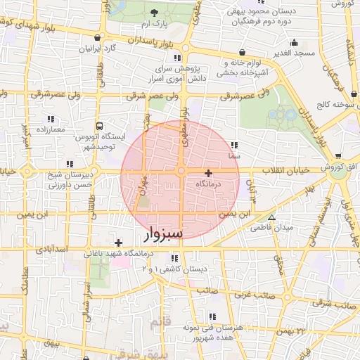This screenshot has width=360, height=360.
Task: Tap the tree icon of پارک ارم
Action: coord(153,13)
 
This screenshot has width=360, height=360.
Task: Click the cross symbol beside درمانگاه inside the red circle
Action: coord(208,172)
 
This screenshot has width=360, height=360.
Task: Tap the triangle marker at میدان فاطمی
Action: coord(271,217)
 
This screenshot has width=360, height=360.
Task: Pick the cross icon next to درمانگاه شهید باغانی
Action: coord(118,243)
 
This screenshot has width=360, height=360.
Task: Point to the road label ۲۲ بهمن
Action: coord(294,330)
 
